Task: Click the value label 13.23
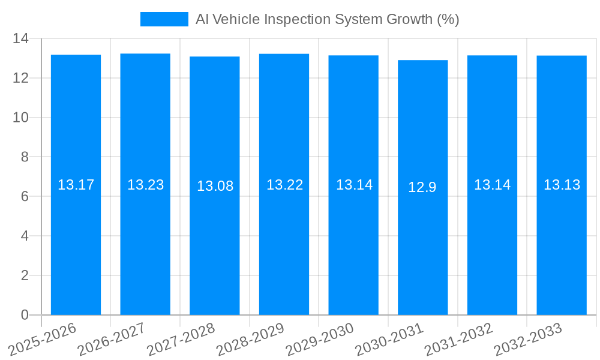pyautogui.click(x=145, y=185)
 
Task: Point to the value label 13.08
pyautogui.click(x=215, y=186)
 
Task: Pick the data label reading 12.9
pyautogui.click(x=422, y=187)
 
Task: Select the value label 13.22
pyautogui.click(x=284, y=185)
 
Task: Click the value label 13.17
pyautogui.click(x=76, y=185)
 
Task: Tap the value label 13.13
pyautogui.click(x=562, y=185)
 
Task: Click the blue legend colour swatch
pyautogui.click(x=164, y=19)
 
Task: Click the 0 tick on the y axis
pyautogui.click(x=25, y=315)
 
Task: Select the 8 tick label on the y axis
pyautogui.click(x=25, y=157)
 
